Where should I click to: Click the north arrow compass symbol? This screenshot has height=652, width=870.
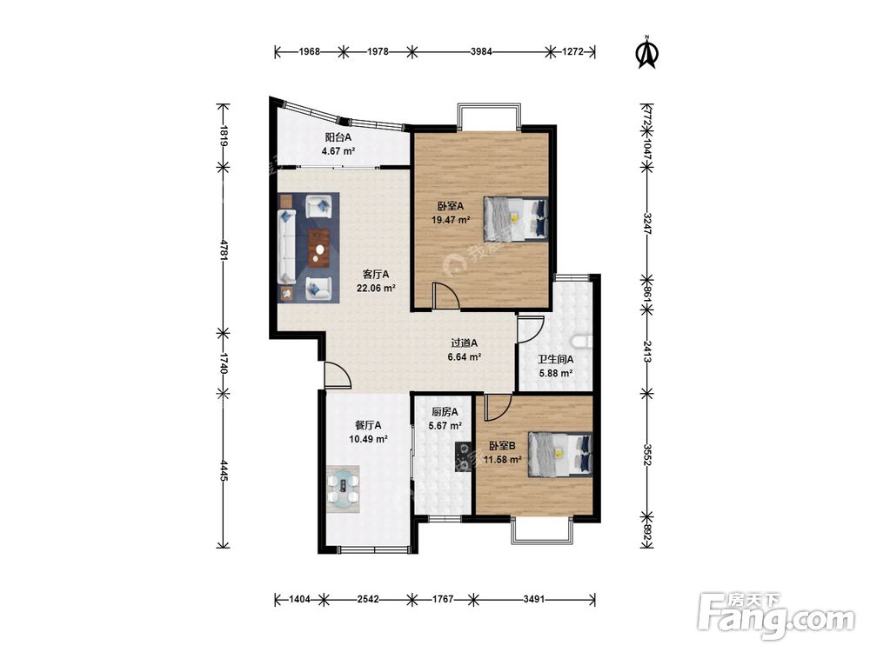[x=646, y=52]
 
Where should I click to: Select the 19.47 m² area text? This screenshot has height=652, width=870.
[x=451, y=220]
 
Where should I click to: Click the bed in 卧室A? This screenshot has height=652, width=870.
[x=515, y=219]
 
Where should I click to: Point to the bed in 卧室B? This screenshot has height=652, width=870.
[x=559, y=455]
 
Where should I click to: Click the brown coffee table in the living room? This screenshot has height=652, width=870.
[x=319, y=248]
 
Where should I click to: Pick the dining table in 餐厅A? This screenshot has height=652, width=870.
[x=343, y=489]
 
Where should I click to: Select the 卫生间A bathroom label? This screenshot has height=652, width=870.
[x=555, y=360]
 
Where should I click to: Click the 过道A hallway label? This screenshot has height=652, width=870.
[x=464, y=343]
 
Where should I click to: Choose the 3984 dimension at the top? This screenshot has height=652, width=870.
[x=481, y=52]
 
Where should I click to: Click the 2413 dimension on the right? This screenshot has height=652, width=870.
[x=647, y=351]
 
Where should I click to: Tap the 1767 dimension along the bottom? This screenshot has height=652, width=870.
[x=443, y=599]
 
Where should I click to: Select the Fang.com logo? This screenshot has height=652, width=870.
[x=776, y=616]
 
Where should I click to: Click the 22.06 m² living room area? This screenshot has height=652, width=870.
[x=376, y=289]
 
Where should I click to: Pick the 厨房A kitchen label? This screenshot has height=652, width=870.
[x=445, y=412]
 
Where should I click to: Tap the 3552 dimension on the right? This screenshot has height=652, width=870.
[x=647, y=454]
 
